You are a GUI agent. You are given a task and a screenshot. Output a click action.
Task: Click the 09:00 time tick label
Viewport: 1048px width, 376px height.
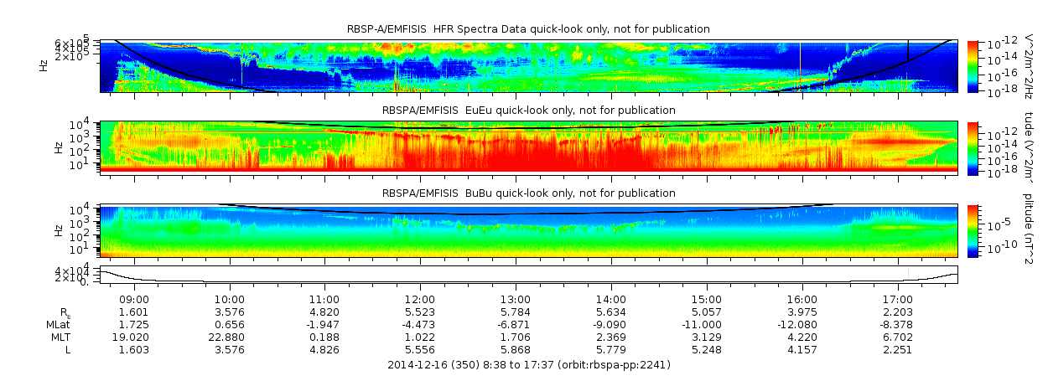click(x=134, y=299)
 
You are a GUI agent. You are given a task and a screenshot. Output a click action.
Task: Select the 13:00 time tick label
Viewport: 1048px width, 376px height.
click(x=516, y=299)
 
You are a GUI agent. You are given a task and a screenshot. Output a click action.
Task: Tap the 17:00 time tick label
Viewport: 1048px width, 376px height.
click(x=898, y=299)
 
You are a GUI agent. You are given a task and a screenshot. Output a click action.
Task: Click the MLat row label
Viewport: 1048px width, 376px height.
click(x=58, y=324)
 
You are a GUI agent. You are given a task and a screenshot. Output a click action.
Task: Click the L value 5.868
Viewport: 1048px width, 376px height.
click(x=516, y=349)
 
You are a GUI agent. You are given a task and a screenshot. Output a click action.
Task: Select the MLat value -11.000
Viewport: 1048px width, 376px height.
click(x=707, y=324)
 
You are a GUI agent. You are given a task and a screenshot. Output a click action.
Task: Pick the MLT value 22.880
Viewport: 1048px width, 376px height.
click(x=230, y=337)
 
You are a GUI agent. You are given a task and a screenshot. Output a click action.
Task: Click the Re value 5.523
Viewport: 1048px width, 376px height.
click(x=420, y=312)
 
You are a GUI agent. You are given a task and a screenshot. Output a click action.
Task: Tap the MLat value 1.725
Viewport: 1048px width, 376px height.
click(x=134, y=324)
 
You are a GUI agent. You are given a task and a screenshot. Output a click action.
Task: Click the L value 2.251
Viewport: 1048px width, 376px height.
click(x=898, y=349)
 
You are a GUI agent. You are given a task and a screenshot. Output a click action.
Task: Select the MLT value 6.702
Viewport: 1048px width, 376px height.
click(x=898, y=337)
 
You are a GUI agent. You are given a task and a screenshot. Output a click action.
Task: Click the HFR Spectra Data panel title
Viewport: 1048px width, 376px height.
click(x=528, y=29)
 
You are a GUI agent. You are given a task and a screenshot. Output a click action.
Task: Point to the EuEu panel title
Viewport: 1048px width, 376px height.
click(x=528, y=111)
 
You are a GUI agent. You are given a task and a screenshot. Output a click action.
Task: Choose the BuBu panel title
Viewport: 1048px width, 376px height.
click(x=528, y=193)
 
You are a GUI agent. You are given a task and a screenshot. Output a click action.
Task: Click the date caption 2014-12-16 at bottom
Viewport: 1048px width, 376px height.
click(x=528, y=365)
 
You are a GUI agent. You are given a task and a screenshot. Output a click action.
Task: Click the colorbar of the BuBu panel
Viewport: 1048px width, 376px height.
click(x=973, y=230)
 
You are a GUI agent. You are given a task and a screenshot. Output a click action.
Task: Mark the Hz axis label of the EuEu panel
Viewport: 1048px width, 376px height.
click(x=58, y=147)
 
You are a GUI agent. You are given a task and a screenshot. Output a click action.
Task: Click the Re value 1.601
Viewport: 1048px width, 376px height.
click(x=134, y=312)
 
